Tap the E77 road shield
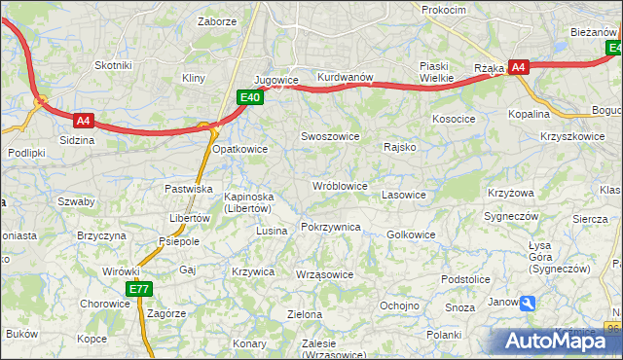click(139, 289)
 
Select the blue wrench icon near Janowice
click(528, 304)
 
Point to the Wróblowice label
click(339, 186)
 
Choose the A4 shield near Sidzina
click(84, 121)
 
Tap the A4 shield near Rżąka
click(519, 67)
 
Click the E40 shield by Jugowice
click(250, 96)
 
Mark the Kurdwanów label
click(345, 78)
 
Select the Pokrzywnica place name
click(331, 227)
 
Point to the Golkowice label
click(411, 234)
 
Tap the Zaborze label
click(216, 20)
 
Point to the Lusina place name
click(271, 231)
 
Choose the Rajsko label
click(400, 148)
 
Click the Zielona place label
click(305, 314)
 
